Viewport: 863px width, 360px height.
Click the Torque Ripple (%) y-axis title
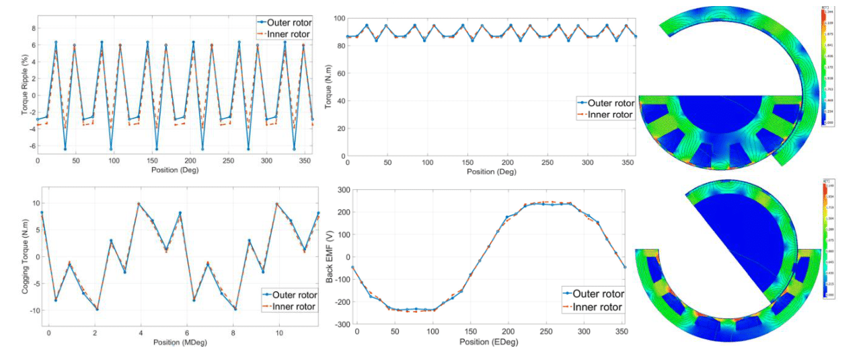25,87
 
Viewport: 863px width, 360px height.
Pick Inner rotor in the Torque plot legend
610,114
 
